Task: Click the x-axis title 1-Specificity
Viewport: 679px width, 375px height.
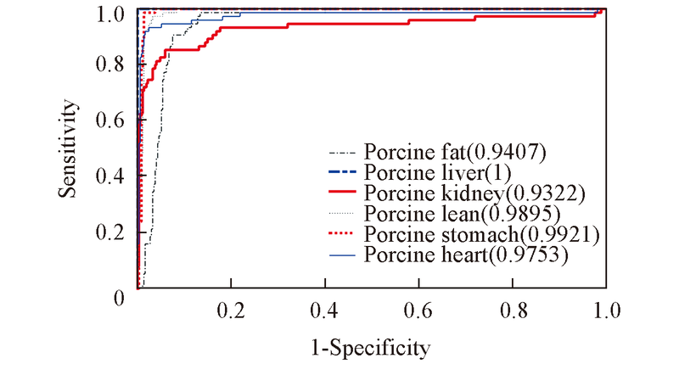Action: (370, 347)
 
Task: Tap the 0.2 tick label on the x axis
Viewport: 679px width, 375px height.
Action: (230, 310)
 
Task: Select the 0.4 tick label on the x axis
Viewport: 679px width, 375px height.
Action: (323, 310)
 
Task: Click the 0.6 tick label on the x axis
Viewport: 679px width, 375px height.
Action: (418, 310)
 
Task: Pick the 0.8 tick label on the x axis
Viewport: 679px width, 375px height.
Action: (511, 310)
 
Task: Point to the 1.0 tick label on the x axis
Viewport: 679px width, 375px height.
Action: (604, 310)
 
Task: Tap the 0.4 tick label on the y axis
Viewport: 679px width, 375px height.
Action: (115, 176)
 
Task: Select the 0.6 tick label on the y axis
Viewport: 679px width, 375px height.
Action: (115, 120)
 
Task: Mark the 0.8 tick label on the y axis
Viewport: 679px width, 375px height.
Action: (115, 64)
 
